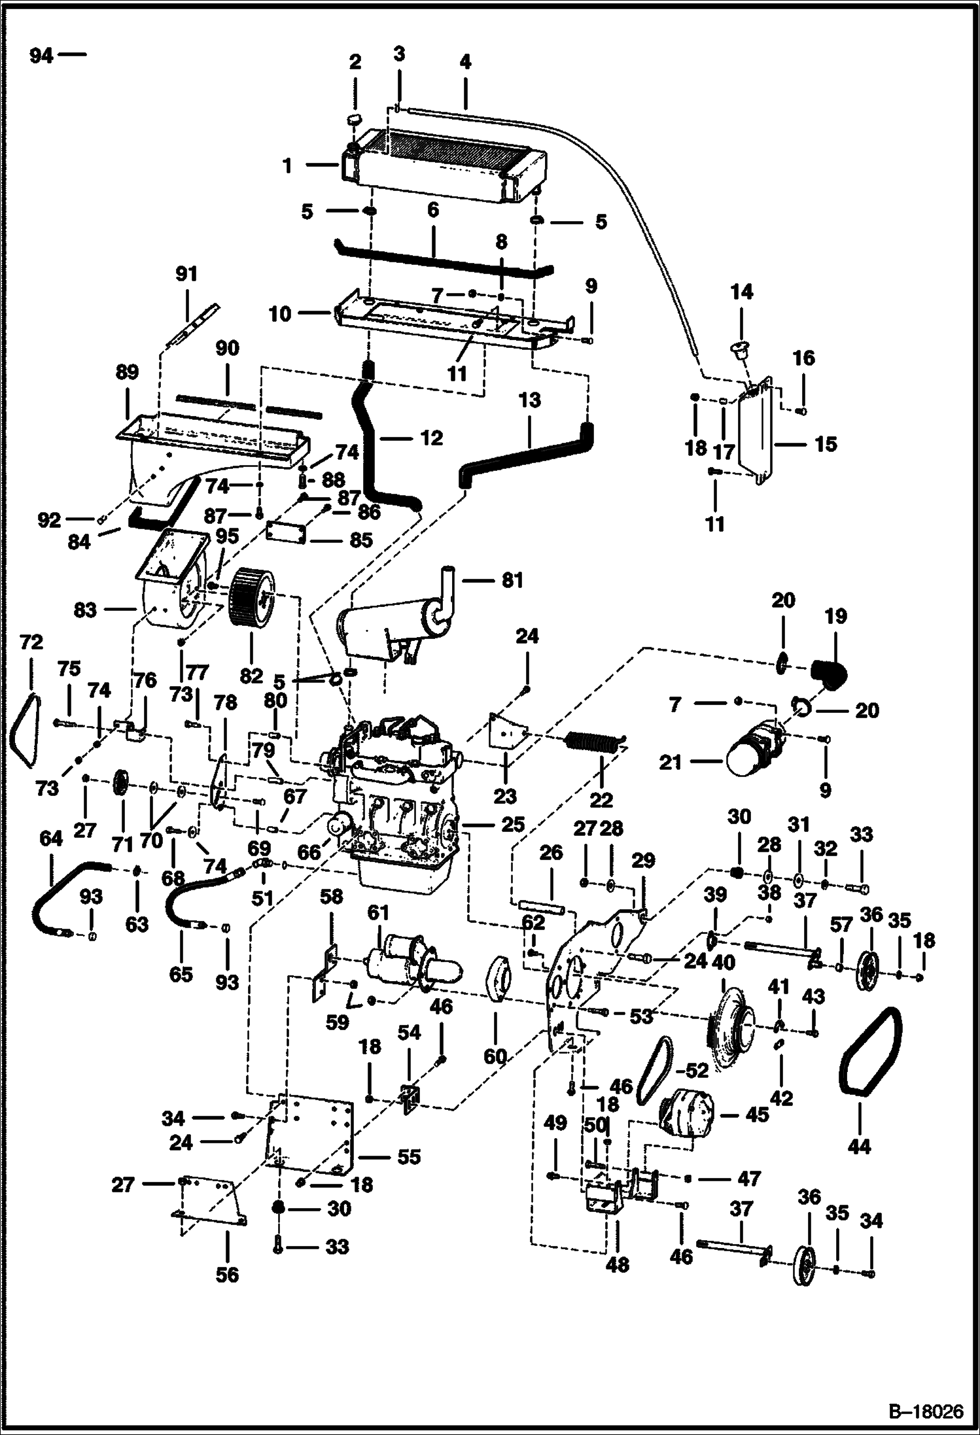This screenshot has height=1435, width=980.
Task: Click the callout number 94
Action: [x=41, y=56]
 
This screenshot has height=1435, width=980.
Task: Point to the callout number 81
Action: [x=512, y=580]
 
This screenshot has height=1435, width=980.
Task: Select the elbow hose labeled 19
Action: [x=830, y=674]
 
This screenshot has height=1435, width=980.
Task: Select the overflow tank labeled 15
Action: [x=756, y=432]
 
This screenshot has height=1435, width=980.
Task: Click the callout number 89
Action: [x=126, y=372]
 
